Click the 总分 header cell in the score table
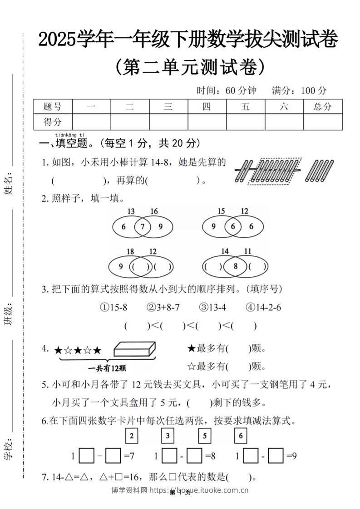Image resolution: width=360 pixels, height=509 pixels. click(323, 107)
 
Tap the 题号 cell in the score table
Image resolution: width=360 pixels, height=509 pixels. click(53, 107)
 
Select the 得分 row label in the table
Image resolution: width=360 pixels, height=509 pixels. click(53, 122)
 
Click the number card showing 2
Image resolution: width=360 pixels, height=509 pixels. click(132, 436)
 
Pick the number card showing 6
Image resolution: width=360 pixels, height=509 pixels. click(241, 436)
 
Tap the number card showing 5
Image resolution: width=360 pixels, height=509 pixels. click(205, 436)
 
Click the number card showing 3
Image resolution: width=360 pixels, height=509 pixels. click(168, 436)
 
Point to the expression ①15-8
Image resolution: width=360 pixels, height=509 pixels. click(113, 308)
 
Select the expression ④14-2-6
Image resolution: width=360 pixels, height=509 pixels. click(263, 308)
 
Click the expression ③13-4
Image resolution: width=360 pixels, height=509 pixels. click(212, 308)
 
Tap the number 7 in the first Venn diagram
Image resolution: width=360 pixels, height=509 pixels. click(142, 227)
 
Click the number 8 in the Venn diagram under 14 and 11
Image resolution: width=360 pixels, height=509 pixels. click(235, 266)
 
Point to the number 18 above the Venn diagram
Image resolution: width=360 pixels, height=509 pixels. click(130, 252)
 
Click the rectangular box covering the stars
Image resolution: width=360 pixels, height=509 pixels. click(135, 349)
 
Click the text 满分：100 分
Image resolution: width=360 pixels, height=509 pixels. click(299, 91)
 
